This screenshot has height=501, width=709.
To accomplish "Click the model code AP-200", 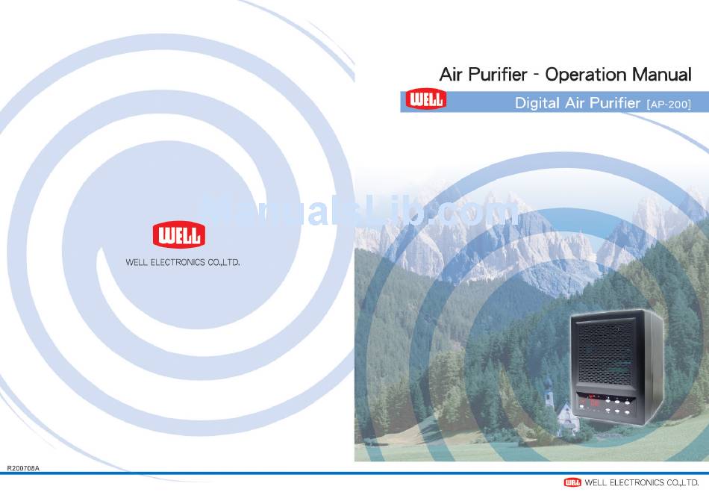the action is click(x=669, y=105).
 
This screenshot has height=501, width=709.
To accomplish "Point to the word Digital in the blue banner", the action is click(x=537, y=103).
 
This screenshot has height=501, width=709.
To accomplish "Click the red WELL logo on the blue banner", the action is click(x=425, y=99).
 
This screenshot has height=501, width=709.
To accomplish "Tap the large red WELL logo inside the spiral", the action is click(x=179, y=234).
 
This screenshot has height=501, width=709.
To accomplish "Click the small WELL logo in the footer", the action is click(x=572, y=482).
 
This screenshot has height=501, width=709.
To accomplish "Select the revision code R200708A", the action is click(x=23, y=468).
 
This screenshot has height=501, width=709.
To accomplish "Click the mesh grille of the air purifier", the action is click(x=605, y=352).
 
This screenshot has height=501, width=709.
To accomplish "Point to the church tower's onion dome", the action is click(x=549, y=384).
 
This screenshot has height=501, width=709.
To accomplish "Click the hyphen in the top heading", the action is click(x=536, y=75).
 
